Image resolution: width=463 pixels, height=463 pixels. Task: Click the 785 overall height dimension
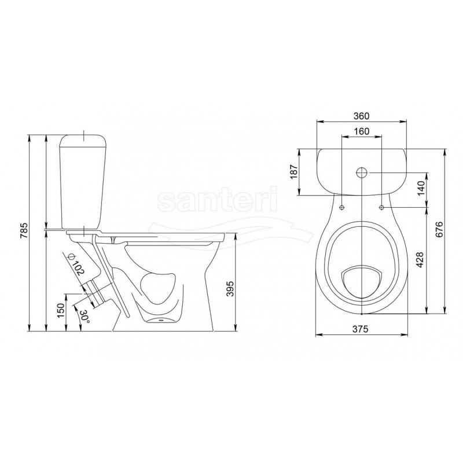click(24, 230)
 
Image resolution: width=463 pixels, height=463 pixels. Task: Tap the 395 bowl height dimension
click(230, 288)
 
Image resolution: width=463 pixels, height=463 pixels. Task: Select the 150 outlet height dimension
click(61, 310)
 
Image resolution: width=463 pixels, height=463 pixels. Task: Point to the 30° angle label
click(84, 316)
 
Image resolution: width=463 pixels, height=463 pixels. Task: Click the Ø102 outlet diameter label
click(76, 265)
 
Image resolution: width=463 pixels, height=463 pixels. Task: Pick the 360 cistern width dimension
click(361, 116)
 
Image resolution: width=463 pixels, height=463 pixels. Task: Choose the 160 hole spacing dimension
click(361, 131)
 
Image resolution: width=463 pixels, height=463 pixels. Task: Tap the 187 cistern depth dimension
click(294, 171)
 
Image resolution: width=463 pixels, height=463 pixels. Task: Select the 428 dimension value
click(420, 260)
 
